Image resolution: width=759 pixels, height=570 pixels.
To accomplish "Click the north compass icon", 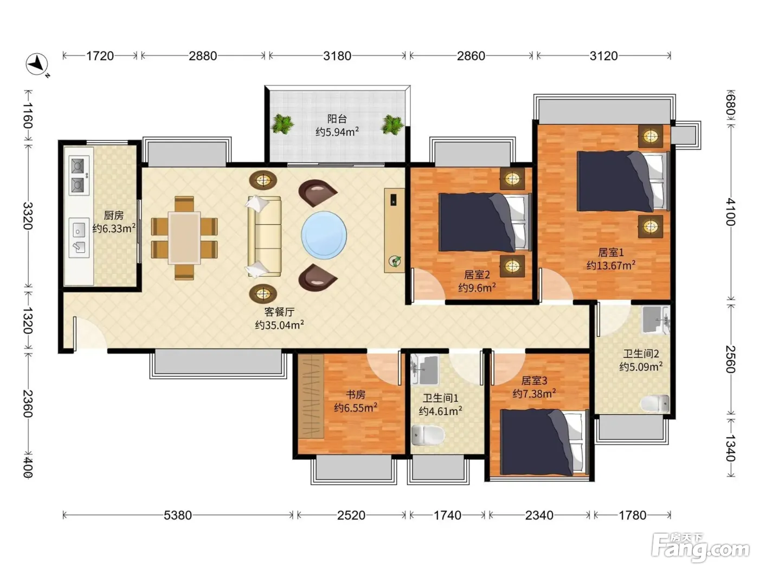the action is pyautogui.click(x=37, y=65).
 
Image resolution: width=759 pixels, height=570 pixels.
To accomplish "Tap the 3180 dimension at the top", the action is pyautogui.click(x=337, y=56).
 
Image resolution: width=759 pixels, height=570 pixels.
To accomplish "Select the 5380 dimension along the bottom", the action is pyautogui.click(x=177, y=515).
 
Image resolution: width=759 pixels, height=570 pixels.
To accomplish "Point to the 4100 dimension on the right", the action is pyautogui.click(x=730, y=212).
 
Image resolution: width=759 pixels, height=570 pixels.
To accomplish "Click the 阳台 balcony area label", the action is pyautogui.click(x=337, y=119).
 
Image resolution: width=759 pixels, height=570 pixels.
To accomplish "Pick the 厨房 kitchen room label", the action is pyautogui.click(x=113, y=216).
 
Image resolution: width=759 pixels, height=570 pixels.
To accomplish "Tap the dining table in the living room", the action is pyautogui.click(x=184, y=238).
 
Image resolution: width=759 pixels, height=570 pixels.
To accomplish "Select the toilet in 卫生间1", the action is pyautogui.click(x=428, y=435).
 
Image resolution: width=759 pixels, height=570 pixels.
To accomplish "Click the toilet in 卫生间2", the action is pyautogui.click(x=655, y=403).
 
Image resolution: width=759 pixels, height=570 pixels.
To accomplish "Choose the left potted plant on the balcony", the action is pyautogui.click(x=282, y=124).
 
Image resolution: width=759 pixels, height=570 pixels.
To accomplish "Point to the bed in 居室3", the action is pyautogui.click(x=544, y=442).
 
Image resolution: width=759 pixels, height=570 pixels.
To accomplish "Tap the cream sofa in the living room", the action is pyautogui.click(x=263, y=237).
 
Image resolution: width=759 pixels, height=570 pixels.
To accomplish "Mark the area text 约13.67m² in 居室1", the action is pyautogui.click(x=610, y=265).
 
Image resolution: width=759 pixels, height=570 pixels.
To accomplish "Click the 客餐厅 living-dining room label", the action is pyautogui.click(x=279, y=312).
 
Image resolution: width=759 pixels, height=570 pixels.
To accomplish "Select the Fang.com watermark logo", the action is pyautogui.click(x=700, y=547).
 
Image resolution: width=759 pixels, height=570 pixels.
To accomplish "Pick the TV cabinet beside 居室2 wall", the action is pyautogui.click(x=395, y=231).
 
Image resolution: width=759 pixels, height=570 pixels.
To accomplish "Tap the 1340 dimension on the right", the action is pyautogui.click(x=730, y=448).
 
